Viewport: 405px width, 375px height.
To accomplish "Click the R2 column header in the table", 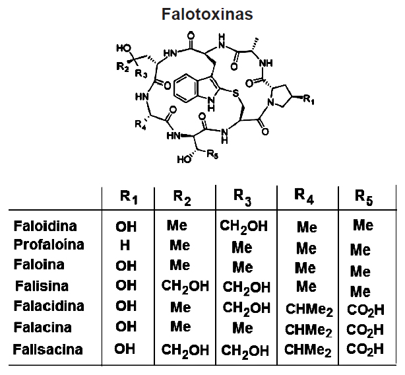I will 183,196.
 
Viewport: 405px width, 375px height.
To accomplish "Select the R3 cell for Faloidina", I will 244,226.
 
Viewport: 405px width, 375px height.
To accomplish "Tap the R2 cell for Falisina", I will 184,287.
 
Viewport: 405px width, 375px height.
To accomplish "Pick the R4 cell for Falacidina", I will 307,308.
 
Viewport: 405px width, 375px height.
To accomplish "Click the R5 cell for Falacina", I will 364,329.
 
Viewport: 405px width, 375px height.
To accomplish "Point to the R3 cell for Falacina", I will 242,327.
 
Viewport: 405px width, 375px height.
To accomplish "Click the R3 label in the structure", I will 140,74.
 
